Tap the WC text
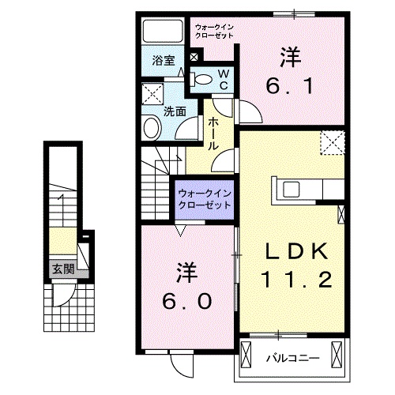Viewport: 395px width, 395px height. pos(223,78)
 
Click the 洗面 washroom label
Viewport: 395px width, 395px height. pos(175,111)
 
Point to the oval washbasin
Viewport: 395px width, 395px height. pos(150,127)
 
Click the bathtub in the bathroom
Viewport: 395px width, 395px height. pos(162,32)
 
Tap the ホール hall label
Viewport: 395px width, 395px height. pos(214,130)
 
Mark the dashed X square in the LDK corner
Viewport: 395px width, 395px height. pos(333,143)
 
